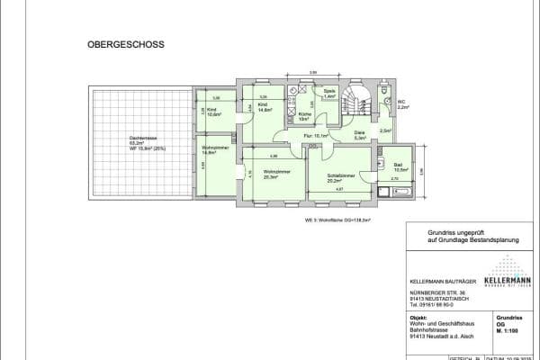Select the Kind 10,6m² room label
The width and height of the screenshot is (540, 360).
point(214,112)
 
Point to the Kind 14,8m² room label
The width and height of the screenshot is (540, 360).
point(265,108)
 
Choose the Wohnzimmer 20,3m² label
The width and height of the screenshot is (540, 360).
point(270,175)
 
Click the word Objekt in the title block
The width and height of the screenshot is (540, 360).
point(417,318)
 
